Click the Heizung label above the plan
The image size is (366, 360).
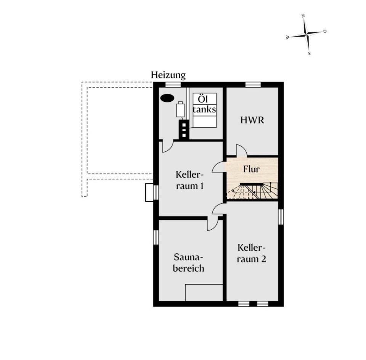coord(168,75)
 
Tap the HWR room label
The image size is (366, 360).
coord(252,120)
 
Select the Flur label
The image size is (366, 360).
coord(251,169)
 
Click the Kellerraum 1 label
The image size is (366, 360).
coord(189,180)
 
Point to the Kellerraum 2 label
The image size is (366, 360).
coord(251,253)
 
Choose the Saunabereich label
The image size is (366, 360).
coord(188,263)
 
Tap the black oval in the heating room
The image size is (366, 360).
coord(167,98)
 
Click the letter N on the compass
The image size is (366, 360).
coord(303,16)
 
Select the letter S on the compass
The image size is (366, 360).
coord(309,53)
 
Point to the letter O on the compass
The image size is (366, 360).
coord(325,31)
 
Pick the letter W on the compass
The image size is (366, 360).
coord(288,37)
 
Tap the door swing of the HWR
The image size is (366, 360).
coord(242,150)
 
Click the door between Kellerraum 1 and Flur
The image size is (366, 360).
coord(218,167)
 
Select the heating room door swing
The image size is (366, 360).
coord(168,146)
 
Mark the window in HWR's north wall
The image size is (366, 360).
coord(253,85)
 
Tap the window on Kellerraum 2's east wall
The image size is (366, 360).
coord(281,217)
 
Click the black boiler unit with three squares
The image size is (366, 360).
coord(184,130)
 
